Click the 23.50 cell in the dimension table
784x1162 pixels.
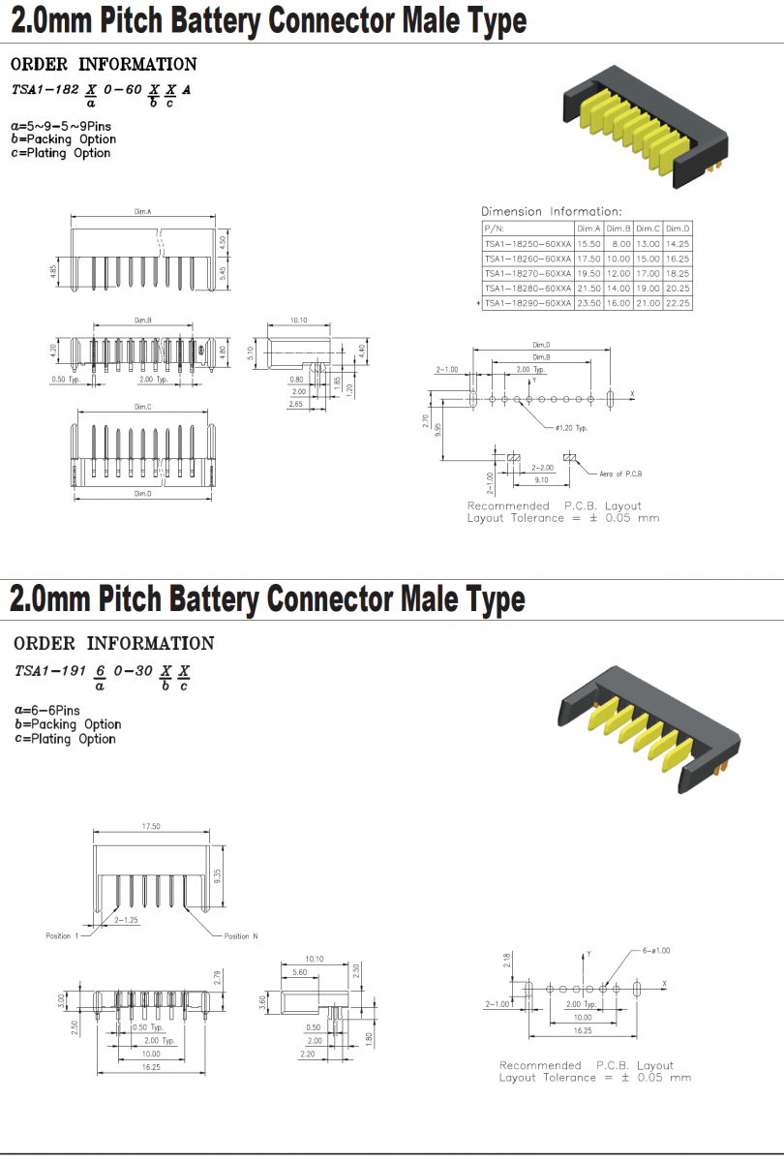(x=588, y=303)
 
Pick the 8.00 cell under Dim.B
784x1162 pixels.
(x=619, y=243)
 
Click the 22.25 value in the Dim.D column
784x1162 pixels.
(x=678, y=303)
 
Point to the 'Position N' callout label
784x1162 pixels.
(x=241, y=936)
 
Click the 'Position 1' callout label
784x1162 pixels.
(x=59, y=936)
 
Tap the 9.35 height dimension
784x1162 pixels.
(x=219, y=871)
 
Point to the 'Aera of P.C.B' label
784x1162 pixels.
(x=620, y=473)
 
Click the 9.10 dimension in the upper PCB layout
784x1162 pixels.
(x=541, y=479)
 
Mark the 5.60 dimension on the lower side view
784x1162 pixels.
(x=300, y=971)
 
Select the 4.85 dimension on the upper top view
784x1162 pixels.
(x=54, y=270)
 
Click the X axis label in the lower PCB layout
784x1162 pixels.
(x=665, y=984)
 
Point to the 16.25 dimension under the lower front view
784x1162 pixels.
(x=151, y=1066)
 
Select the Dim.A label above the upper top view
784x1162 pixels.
(x=142, y=210)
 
